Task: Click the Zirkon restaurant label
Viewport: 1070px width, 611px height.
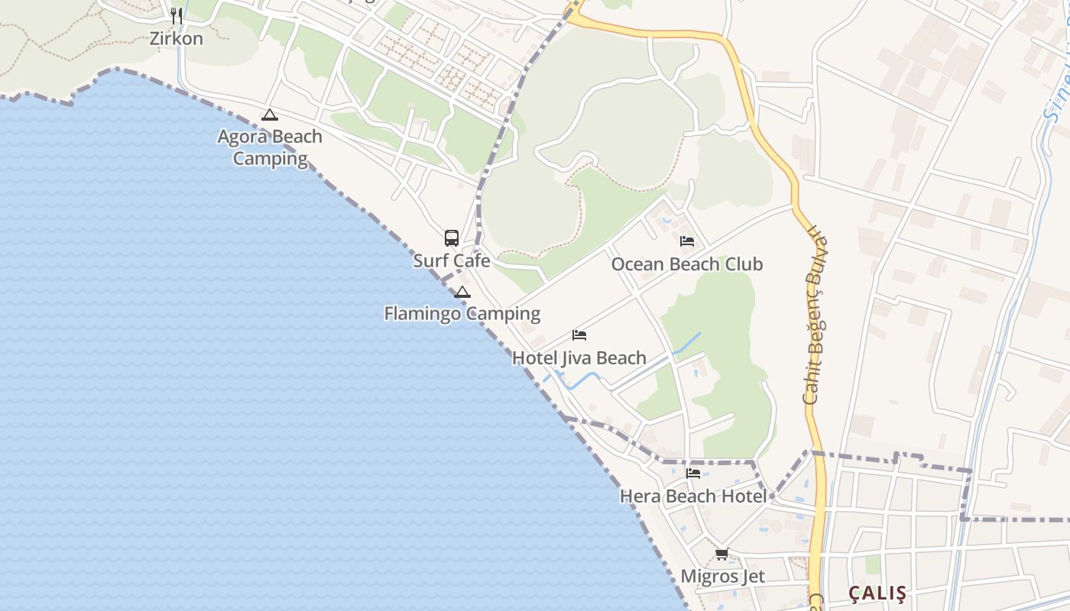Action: point(177,38)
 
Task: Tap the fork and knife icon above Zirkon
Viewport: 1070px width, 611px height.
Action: point(177,15)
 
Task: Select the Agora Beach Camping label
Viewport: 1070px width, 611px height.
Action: point(270,147)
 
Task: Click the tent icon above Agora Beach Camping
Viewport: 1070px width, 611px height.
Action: point(269,115)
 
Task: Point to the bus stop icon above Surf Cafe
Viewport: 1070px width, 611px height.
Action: point(452,238)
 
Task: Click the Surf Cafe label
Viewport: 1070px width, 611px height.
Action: point(452,260)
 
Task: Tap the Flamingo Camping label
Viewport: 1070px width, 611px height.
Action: point(462,313)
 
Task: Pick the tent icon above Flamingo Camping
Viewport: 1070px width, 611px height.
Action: point(462,292)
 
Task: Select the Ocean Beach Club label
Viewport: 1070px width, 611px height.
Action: point(687,264)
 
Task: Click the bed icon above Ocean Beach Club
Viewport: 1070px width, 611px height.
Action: point(687,241)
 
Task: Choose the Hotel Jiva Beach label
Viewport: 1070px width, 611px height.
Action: point(579,357)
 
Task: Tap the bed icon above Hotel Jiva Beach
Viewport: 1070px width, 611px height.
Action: point(579,335)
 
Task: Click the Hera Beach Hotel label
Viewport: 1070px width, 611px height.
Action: point(692,496)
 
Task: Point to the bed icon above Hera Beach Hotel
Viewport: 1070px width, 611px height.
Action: point(693,474)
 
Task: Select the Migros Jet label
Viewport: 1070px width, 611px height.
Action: point(722,576)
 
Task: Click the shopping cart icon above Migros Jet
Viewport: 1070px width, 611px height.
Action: point(722,554)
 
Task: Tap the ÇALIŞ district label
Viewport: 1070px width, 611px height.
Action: point(877,593)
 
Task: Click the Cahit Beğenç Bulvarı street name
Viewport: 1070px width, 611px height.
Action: point(815,321)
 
